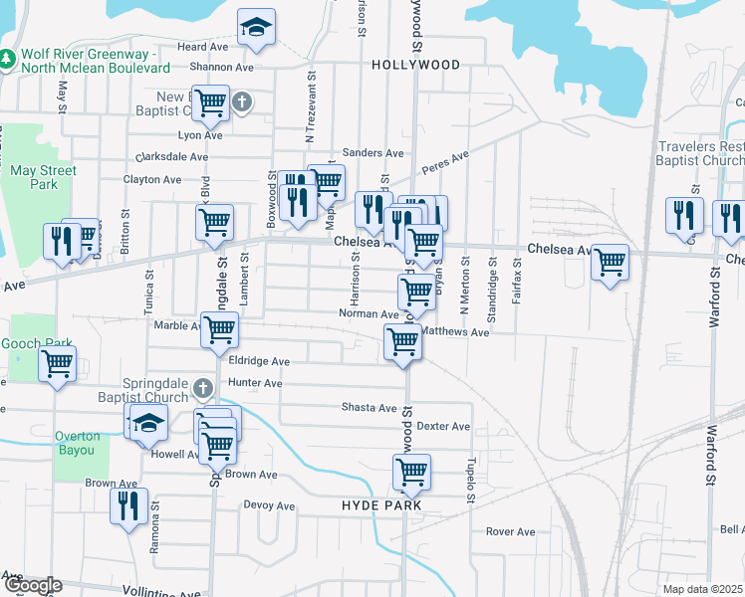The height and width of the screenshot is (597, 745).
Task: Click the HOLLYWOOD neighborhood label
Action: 416,65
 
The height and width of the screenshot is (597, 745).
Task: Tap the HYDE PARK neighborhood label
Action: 381,505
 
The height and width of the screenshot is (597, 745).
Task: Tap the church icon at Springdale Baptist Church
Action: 203,387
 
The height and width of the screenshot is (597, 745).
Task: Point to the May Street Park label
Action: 43,177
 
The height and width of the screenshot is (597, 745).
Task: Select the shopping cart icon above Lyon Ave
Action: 210,102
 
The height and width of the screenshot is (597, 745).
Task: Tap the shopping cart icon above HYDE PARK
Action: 410,472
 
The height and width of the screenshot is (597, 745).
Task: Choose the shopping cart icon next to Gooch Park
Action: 58,363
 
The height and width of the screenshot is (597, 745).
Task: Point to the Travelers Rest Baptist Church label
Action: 700,153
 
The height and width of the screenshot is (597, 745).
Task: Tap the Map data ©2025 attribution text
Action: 703,589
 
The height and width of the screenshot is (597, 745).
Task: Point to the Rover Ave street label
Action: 511,531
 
